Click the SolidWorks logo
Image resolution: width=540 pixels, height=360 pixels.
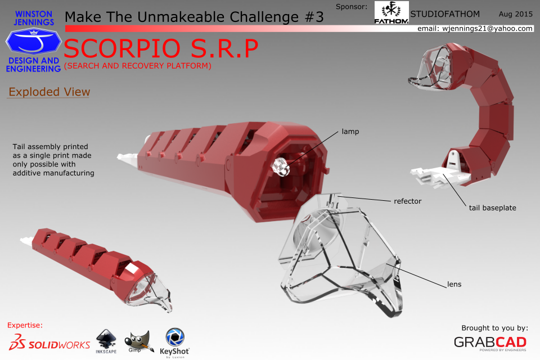[x=49, y=343]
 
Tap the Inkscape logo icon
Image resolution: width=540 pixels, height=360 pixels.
[x=106, y=341]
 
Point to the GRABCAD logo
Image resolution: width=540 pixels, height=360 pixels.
[x=490, y=343]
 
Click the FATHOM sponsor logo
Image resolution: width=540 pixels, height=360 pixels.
[x=391, y=13]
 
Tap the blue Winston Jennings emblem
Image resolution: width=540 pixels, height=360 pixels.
[x=33, y=41]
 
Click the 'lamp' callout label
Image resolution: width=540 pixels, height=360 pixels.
[x=350, y=132]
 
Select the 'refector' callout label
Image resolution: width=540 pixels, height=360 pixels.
[x=407, y=201]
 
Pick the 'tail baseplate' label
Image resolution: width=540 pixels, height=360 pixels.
[x=493, y=208]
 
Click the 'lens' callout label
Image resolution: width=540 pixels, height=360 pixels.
[x=454, y=284]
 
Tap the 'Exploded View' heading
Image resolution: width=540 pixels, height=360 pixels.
[x=49, y=92]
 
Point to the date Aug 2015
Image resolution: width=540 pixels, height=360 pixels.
[x=516, y=14]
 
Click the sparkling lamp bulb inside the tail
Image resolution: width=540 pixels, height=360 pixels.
[x=281, y=166]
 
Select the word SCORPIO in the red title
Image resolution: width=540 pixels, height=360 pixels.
[x=122, y=48]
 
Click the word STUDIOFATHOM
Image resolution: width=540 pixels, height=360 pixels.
[x=445, y=14]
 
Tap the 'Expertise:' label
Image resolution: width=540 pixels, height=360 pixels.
[x=25, y=325]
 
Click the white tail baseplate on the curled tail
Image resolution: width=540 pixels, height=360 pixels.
[x=440, y=175]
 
